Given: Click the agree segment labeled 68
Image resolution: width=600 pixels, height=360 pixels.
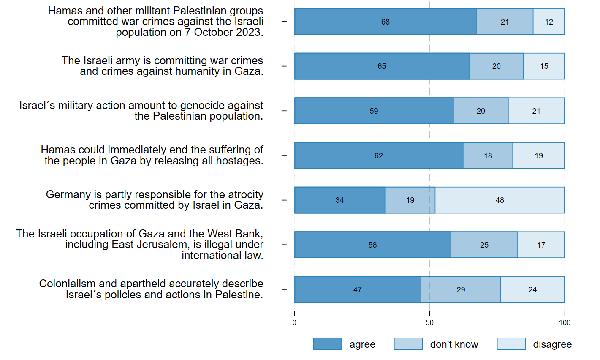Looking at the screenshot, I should coord(385,22).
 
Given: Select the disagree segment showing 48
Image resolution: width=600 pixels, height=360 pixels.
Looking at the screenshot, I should coord(500,200).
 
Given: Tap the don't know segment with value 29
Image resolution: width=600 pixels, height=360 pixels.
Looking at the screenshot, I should coord(461,290).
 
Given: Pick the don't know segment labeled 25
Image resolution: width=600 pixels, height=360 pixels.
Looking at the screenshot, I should coord(484,245).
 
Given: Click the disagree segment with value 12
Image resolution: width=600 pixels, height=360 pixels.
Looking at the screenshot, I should coord(548,22).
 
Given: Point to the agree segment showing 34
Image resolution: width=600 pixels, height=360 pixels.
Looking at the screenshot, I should coord(339,200).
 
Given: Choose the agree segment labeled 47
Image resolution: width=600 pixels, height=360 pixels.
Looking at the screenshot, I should coord(357,290).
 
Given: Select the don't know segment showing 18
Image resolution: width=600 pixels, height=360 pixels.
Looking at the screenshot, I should coord(488,156).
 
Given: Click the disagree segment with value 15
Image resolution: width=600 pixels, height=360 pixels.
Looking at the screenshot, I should coord(544,66).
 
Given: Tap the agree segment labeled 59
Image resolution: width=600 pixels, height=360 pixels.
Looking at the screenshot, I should coord(374,111).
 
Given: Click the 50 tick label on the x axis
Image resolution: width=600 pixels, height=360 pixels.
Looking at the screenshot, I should coord(429,323).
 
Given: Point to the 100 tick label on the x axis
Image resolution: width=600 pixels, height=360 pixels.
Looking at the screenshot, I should coord(565,323).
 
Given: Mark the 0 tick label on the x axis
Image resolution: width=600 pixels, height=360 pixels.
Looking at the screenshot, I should coord(294,323).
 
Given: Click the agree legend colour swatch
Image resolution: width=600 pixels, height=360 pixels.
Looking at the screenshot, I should coord(327,344).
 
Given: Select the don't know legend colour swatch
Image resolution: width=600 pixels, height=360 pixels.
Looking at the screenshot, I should coord(408,344).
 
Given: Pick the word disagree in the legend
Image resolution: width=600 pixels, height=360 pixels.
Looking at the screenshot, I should coord(552,345).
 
